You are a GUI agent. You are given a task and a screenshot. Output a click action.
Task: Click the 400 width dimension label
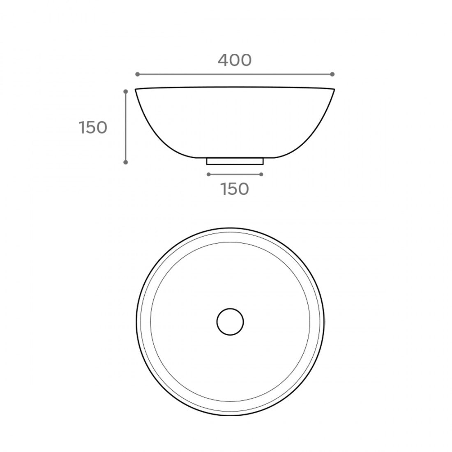coord(234,60)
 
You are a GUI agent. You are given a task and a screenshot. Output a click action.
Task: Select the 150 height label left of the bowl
coord(93,128)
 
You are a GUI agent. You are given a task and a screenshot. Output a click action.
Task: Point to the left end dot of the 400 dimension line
coord(137,74)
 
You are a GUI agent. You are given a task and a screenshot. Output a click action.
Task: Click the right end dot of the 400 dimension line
coord(332,74)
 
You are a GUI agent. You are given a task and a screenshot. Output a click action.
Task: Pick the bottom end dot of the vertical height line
coord(126,162)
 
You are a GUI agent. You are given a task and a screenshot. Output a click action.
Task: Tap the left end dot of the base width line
coord(209,174)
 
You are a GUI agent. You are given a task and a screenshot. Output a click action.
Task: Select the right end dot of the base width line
coord(261,174)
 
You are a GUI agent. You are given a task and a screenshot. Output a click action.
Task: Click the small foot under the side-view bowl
coord(235,161)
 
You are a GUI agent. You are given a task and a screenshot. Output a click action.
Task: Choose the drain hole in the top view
coord(230,321)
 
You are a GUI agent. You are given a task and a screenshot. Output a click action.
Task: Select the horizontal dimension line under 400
coord(234,74)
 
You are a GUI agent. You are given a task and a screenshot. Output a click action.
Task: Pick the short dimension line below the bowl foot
coord(235,174)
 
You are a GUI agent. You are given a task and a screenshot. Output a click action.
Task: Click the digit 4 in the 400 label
coord(223,60)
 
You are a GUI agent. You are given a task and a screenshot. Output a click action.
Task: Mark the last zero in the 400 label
coord(246,60)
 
